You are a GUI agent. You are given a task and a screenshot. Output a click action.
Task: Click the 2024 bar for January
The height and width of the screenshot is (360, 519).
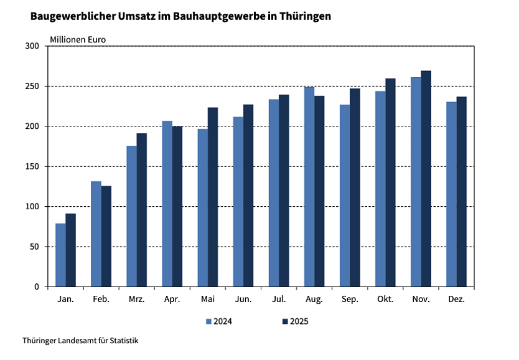coord(60,255)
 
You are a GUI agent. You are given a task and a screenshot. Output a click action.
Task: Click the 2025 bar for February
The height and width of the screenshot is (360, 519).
coord(106,236)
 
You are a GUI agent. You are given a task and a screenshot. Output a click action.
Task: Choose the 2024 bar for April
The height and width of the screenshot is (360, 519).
coord(167,204)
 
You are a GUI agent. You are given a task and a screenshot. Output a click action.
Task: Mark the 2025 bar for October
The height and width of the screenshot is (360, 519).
coord(391,182)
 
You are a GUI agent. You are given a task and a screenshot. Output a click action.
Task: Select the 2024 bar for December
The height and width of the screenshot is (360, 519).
coord(451,194)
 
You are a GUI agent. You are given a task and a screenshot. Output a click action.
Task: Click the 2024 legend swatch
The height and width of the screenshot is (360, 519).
coord(209,322)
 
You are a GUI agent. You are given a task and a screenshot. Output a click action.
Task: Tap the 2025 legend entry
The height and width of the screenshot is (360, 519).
coord(295,322)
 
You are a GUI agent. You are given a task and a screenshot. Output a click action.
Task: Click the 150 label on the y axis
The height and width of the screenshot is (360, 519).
coord(32,166)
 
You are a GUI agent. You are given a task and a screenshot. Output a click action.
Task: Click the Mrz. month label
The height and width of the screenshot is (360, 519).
coord(136,300)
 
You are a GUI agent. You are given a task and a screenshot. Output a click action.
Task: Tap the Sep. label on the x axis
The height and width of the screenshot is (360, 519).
coord(350,300)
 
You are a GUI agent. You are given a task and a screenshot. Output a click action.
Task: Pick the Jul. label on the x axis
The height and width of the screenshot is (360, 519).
coord(279,300)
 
